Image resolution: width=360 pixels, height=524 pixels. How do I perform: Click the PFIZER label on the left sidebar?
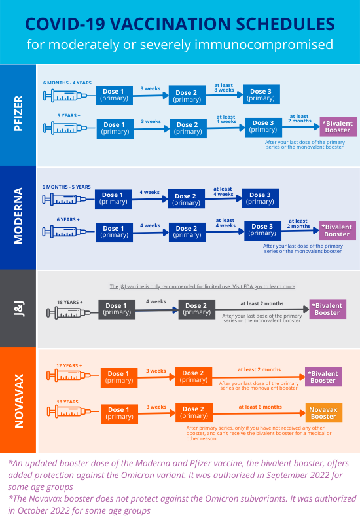pos(18,114)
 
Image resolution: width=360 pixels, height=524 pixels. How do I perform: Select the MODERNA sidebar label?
pos(18,216)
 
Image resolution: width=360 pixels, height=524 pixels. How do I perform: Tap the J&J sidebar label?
pos(18,308)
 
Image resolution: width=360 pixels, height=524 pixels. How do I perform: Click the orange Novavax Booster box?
pos(323,412)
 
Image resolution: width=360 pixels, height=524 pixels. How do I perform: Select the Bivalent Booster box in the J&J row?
pos(327,309)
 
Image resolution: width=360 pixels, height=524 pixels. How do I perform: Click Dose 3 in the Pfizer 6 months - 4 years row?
pos(261,95)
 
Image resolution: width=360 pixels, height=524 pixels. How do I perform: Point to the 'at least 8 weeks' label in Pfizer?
pos(225,88)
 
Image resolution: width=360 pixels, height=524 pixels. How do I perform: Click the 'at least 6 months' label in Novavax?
pos(260,407)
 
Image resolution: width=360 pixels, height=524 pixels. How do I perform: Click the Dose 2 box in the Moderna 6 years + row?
pos(187,232)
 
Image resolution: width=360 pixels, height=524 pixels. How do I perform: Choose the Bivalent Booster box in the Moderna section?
pos(337,231)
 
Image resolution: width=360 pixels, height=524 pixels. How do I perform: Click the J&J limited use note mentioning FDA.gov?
pos(202,286)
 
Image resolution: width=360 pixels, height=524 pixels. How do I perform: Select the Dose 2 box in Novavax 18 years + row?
pos(193,413)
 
